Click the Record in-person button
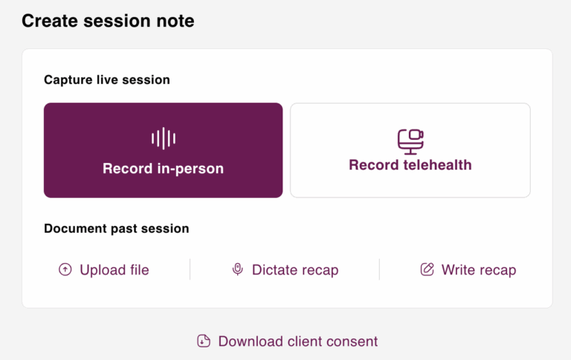[x=163, y=150]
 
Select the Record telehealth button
[x=410, y=150]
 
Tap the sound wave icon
[x=163, y=138]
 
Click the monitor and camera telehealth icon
[x=410, y=141]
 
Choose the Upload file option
[x=103, y=270]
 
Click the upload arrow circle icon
[x=65, y=270]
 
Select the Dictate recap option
[x=285, y=270]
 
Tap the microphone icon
[x=237, y=270]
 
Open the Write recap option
[x=468, y=270]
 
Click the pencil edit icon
[x=427, y=270]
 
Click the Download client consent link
[x=288, y=341]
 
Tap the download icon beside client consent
[x=204, y=341]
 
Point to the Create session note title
[x=108, y=21]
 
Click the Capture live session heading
[x=107, y=80]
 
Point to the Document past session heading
[x=116, y=228]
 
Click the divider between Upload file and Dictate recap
[x=190, y=270]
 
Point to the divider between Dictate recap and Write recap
[x=379, y=270]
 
